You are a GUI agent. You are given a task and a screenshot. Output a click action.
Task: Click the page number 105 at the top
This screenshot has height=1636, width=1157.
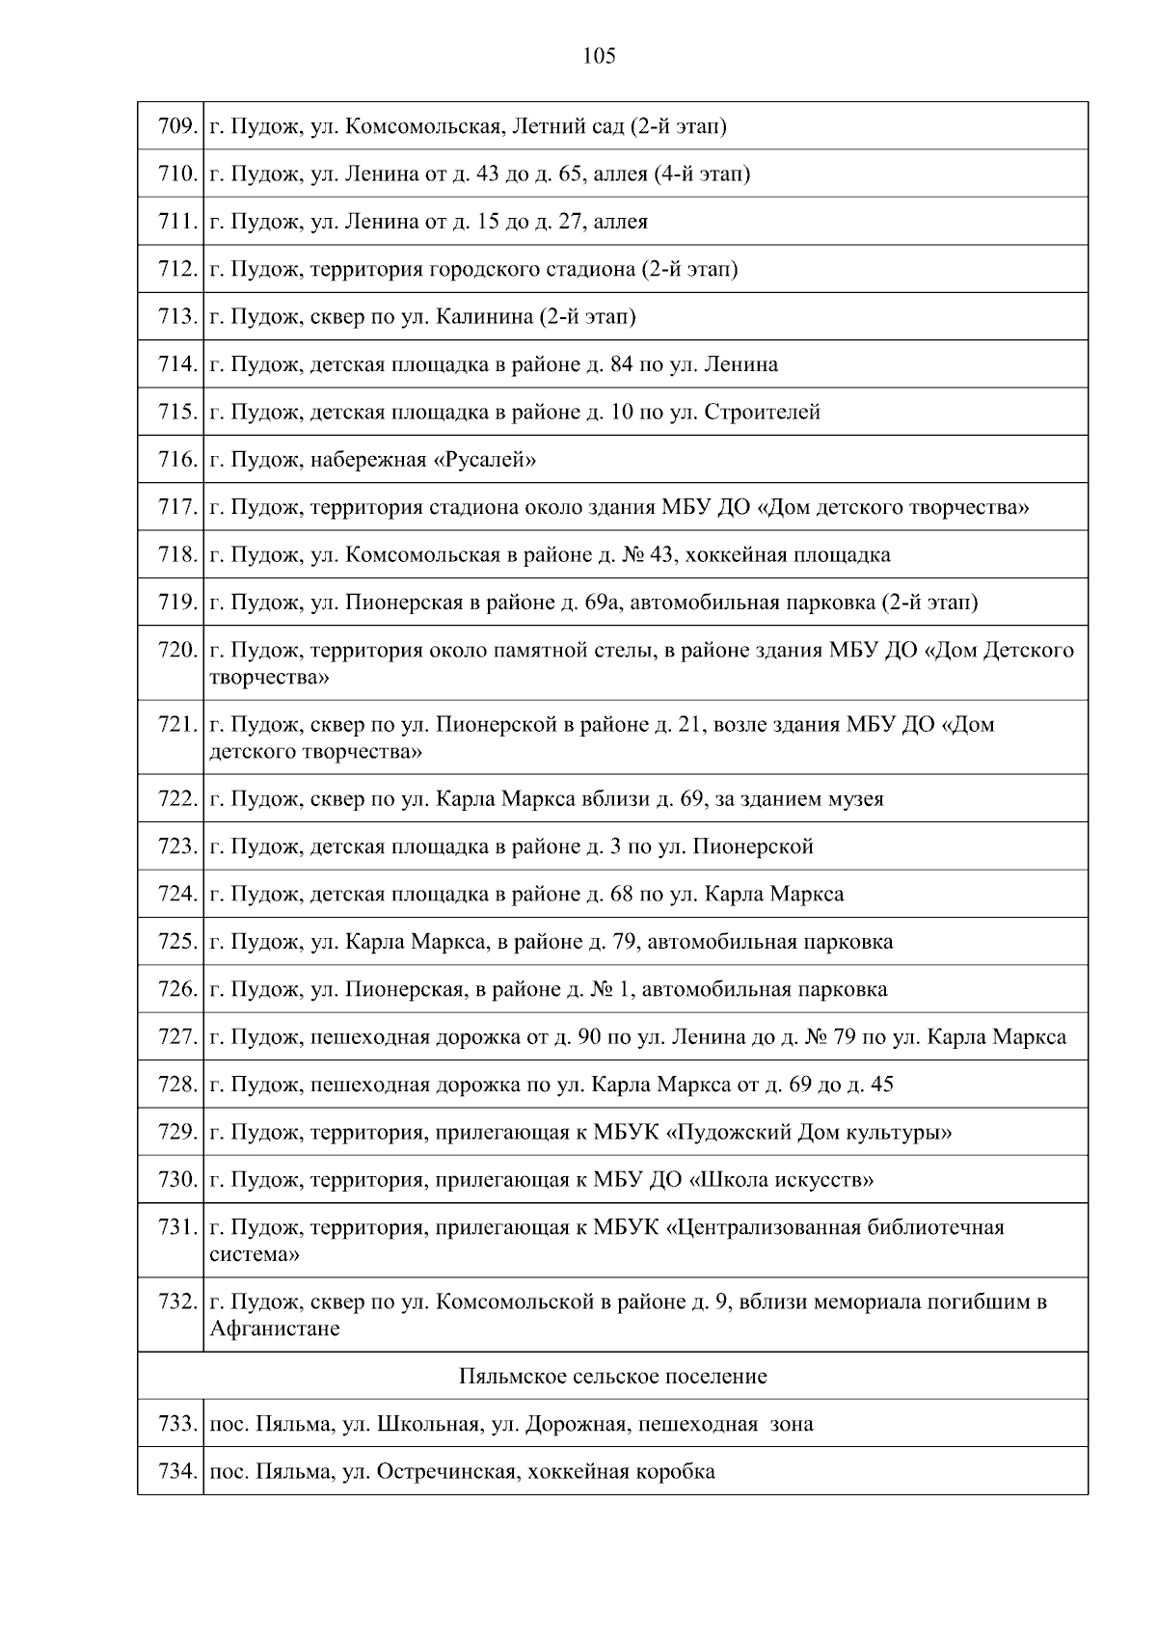point(599,57)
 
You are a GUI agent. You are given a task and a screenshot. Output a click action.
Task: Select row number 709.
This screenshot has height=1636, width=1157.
point(176,126)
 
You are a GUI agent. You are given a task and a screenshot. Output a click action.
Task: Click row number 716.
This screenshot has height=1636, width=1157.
point(176,460)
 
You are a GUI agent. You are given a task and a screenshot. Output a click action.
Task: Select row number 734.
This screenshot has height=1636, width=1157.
point(176,1472)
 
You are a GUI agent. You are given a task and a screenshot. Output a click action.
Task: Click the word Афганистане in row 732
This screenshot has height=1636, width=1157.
point(274,1329)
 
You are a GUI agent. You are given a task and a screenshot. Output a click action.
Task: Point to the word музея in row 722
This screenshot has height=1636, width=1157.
point(857,799)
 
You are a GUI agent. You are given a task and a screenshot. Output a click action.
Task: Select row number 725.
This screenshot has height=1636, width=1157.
point(176,942)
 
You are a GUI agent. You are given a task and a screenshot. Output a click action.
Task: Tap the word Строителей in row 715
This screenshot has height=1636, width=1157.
point(763,413)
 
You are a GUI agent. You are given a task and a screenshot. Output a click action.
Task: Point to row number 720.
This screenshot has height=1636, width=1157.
point(176,651)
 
